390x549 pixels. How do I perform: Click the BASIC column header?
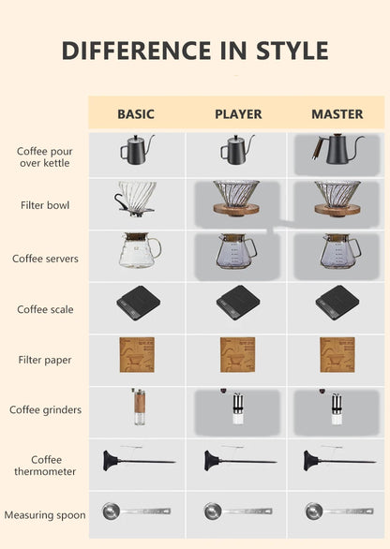point(136,114)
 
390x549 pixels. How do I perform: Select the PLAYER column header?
point(238,114)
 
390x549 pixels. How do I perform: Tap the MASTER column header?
point(337,114)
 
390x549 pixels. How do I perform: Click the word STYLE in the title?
point(279,51)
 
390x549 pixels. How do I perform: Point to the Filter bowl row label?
point(45,204)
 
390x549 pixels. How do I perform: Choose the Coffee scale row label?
point(45,309)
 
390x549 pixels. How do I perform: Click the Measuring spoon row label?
point(45,514)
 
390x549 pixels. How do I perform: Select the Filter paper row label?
point(45,360)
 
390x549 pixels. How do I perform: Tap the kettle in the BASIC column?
point(135,149)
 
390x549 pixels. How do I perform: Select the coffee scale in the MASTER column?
point(337,303)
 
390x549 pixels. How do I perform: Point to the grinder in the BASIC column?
point(137,407)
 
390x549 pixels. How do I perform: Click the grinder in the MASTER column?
point(336,408)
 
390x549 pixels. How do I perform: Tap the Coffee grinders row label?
point(45,409)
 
